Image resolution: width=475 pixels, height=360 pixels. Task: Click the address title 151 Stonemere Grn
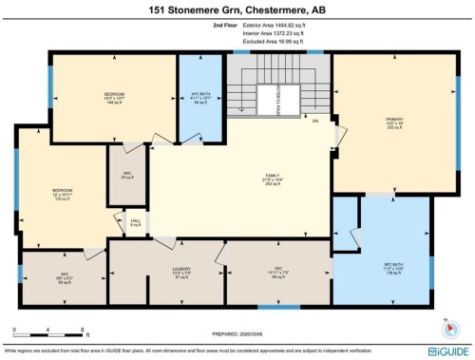(x=237, y=10)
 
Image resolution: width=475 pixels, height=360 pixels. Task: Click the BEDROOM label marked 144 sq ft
(x=114, y=97)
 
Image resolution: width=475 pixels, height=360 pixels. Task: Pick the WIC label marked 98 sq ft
(x=279, y=273)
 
